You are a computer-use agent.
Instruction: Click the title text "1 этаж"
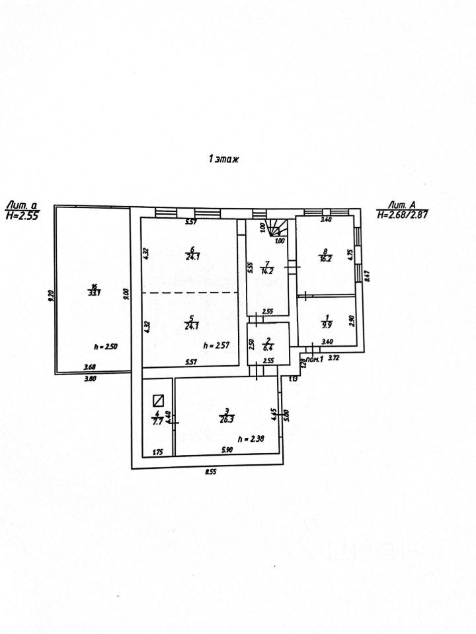point(222,158)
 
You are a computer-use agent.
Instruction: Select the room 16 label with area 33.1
point(93,290)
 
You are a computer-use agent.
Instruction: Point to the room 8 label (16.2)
point(325,254)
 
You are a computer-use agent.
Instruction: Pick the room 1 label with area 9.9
point(325,321)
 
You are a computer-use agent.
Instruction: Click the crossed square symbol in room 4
point(158,399)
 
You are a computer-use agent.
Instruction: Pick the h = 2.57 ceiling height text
point(218,345)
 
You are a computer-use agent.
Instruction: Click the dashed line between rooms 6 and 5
point(190,293)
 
